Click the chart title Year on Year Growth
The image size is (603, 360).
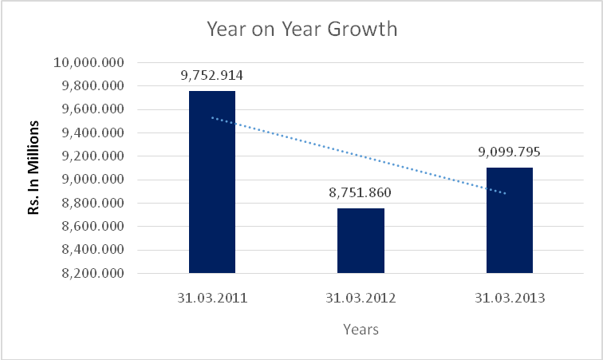click(301, 30)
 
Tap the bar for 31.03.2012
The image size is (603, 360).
click(361, 240)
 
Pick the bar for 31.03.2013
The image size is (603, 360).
click(509, 220)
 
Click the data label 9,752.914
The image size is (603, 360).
click(211, 77)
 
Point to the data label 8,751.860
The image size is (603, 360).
click(361, 193)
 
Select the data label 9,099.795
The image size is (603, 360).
click(509, 153)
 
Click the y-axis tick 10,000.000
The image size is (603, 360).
click(90, 63)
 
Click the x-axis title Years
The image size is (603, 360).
click(361, 329)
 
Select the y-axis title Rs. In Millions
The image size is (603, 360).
click(34, 168)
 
